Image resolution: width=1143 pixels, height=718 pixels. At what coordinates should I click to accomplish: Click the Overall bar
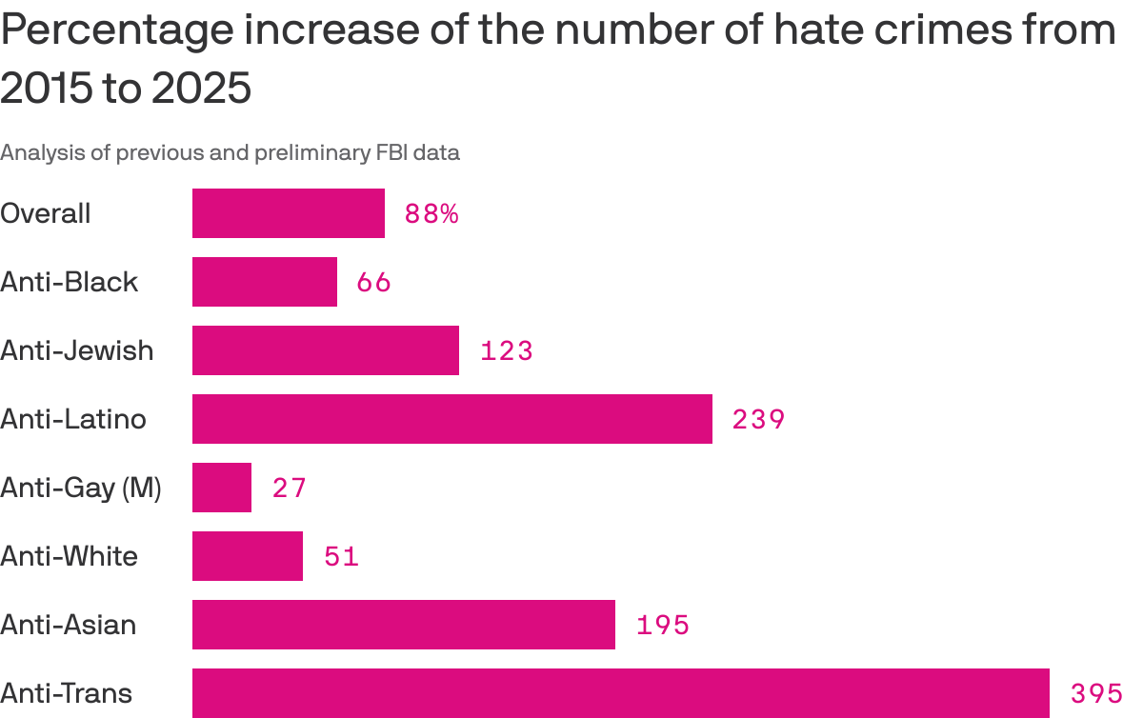[288, 213]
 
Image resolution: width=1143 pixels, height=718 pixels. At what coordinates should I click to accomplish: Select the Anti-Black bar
[264, 282]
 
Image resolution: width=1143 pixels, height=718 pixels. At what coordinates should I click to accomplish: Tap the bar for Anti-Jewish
[325, 350]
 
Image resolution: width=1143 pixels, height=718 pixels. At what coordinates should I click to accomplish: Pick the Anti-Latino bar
[451, 419]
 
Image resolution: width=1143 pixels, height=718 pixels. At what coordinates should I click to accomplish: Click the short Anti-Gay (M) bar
[221, 488]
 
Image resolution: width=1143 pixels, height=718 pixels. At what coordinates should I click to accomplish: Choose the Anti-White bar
[247, 556]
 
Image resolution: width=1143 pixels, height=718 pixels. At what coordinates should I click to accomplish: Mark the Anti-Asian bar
[403, 625]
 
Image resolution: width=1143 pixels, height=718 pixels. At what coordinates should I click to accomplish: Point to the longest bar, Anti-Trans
[620, 693]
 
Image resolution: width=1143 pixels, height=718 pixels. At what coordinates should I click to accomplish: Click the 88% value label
[431, 214]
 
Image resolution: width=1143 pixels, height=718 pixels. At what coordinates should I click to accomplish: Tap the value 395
[1096, 694]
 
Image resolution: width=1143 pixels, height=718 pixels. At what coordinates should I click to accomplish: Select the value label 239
[758, 420]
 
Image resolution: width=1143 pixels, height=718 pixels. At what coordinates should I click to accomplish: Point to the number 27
[290, 489]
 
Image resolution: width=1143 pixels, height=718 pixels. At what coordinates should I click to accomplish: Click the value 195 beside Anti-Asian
[662, 626]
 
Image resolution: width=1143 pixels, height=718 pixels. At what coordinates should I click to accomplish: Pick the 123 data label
[506, 351]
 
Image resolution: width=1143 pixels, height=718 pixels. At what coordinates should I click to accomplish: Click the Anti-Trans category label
[66, 693]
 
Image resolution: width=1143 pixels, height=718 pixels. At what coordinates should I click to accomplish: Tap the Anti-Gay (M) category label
[81, 489]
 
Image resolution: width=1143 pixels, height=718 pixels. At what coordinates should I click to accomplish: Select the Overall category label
[46, 213]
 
